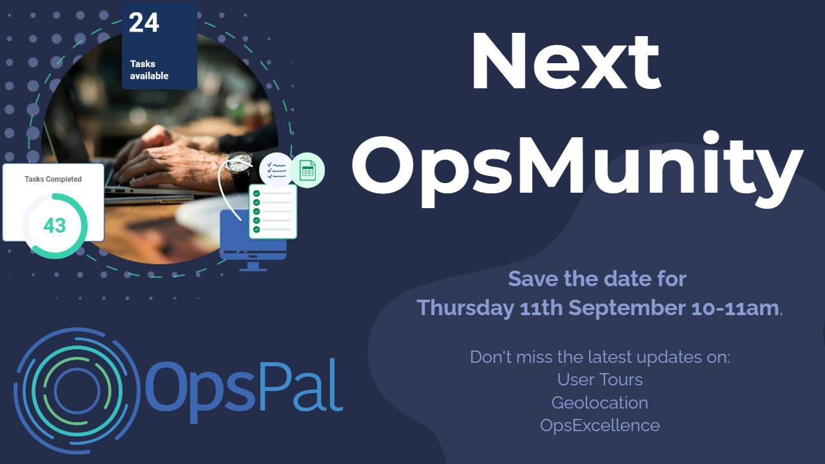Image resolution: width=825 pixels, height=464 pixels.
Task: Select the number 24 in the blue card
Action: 144,23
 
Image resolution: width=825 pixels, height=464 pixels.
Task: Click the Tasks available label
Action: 149,70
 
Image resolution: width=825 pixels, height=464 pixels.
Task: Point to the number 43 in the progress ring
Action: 55,226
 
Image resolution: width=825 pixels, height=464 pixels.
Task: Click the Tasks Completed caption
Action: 53,179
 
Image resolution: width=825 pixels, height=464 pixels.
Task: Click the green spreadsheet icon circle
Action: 307,170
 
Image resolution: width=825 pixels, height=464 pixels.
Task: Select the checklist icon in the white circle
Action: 275,170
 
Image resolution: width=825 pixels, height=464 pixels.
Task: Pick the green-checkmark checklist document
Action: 273,211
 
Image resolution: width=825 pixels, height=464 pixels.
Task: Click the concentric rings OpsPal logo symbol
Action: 77,391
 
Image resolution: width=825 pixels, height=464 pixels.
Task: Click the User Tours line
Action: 599,380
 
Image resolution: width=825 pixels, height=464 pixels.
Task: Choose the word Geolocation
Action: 599,403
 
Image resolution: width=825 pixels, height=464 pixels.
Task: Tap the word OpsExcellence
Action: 599,425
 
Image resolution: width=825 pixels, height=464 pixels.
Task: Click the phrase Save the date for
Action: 597,279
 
